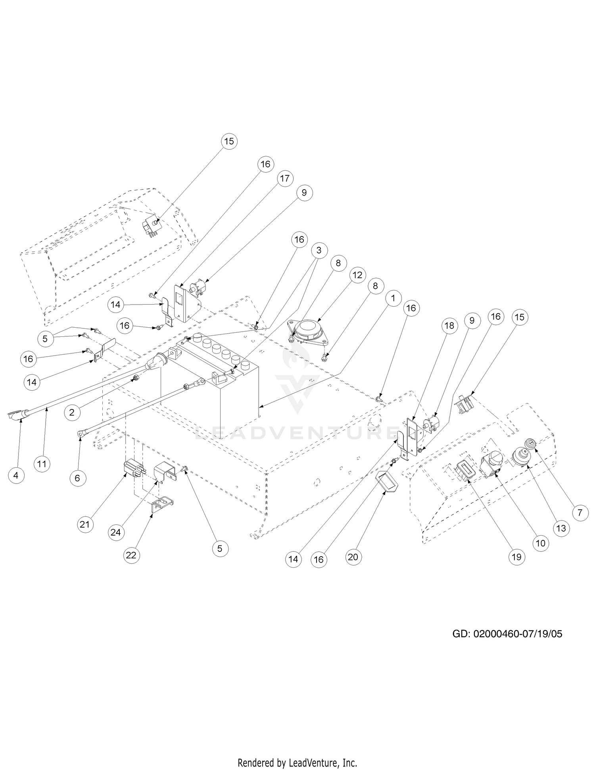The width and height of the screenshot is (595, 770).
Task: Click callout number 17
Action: [285, 179]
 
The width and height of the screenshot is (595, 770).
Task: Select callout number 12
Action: [357, 275]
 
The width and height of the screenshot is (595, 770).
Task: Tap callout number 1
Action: [393, 298]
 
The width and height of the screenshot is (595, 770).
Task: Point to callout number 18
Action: [449, 326]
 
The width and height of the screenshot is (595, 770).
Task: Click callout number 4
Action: [16, 475]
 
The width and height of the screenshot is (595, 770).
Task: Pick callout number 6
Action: [77, 478]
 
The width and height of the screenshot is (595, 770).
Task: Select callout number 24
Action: [115, 532]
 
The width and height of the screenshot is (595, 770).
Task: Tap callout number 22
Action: [131, 555]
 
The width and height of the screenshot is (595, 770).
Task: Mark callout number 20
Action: [353, 557]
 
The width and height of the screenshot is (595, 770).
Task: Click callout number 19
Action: [516, 557]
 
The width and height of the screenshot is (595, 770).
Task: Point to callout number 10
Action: [541, 543]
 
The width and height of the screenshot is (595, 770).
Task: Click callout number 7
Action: [580, 513]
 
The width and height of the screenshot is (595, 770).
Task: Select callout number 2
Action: [72, 412]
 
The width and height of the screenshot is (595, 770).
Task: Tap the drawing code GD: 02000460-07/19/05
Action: [507, 634]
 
